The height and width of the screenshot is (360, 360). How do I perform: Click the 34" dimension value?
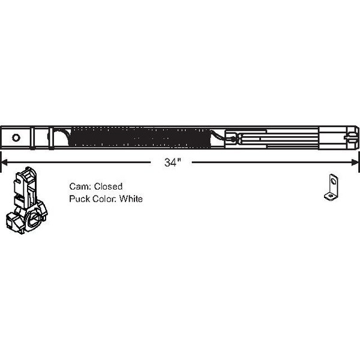point(173,163)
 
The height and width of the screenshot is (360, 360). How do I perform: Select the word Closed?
point(108,187)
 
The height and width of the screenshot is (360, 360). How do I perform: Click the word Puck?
point(80,199)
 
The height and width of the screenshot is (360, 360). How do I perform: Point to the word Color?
point(104,199)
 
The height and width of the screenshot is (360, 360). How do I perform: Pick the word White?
point(131,199)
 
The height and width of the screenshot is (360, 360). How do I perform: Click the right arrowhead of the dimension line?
point(355,163)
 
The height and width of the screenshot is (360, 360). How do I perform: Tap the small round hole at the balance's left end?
point(16,138)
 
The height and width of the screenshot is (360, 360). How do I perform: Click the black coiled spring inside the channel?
point(140,137)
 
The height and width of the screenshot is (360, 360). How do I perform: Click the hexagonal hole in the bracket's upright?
point(332,184)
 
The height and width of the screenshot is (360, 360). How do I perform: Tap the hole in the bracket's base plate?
point(331,196)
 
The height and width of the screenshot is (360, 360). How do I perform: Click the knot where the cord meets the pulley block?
point(233,139)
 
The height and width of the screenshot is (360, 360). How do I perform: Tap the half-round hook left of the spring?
point(59,137)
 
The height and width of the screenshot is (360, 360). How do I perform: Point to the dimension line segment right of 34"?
point(272,163)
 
